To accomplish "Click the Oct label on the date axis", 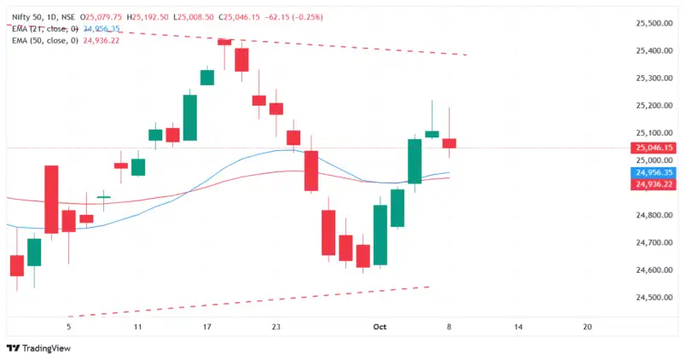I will (380, 327).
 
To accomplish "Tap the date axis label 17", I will (207, 327).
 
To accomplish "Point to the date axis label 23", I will (276, 327).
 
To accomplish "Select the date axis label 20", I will (586, 327).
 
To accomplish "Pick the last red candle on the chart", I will (450, 142).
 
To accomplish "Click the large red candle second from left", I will (51, 199).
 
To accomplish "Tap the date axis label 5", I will (69, 327).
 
